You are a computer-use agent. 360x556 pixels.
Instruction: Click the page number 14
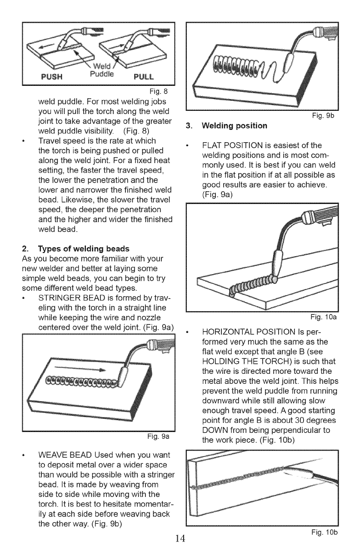(180, 539)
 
